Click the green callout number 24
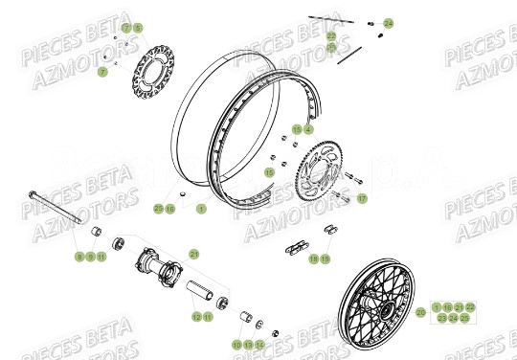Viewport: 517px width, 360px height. [388, 22]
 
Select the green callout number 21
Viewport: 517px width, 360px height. [194, 254]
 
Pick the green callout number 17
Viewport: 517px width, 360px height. [362, 199]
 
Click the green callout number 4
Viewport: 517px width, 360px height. [308, 128]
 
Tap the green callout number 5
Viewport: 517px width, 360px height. [137, 28]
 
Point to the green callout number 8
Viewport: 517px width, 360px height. [79, 257]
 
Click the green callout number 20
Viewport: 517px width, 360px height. [420, 311]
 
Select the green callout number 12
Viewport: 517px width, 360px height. [195, 316]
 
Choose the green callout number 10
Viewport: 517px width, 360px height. [236, 344]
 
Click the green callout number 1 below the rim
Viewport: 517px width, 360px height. [201, 207]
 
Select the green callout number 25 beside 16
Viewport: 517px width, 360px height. [159, 207]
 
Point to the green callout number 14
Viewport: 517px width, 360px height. [259, 344]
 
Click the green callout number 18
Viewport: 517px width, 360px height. [313, 259]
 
